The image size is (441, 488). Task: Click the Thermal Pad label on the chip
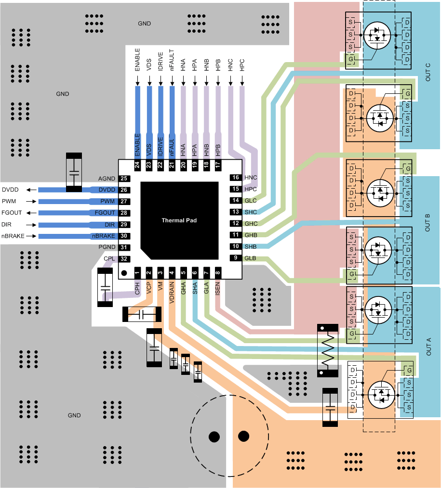click(x=179, y=220)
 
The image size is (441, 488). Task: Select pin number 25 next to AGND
click(x=124, y=179)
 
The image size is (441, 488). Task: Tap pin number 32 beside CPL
click(x=124, y=259)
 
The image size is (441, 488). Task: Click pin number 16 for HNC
click(x=236, y=178)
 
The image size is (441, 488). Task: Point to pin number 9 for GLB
click(x=236, y=258)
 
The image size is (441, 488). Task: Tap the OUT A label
click(x=428, y=346)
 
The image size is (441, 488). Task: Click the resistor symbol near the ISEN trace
click(x=328, y=350)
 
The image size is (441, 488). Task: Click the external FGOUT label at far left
click(x=12, y=213)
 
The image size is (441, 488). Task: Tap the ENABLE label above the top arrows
click(x=137, y=60)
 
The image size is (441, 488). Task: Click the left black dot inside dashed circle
click(x=212, y=437)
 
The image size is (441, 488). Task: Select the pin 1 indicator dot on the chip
click(x=124, y=273)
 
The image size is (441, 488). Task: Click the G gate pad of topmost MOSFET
click(x=351, y=59)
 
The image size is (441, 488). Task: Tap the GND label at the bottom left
click(x=74, y=415)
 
